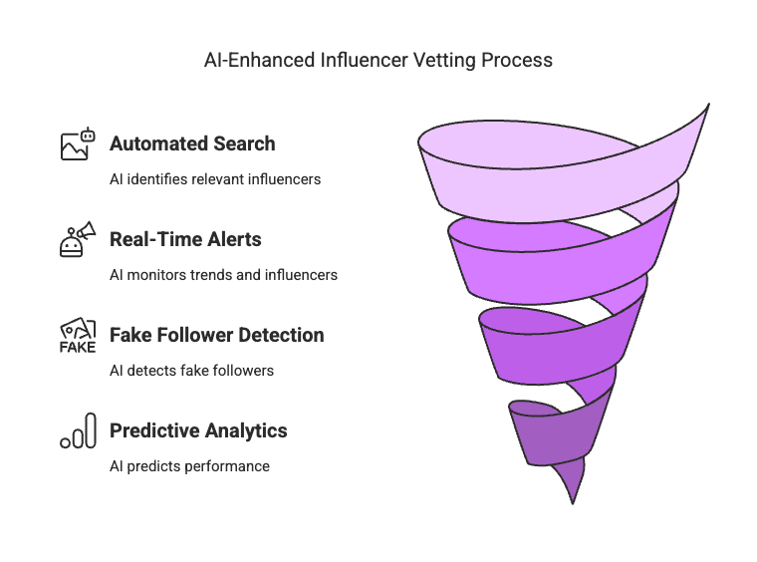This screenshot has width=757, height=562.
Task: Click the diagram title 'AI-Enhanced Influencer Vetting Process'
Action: point(378,60)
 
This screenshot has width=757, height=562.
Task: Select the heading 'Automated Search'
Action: point(192,143)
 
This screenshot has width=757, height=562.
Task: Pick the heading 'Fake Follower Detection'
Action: point(216,335)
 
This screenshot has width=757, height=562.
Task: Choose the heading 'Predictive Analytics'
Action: point(198,430)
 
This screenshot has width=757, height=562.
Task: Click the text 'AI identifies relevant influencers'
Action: point(215,179)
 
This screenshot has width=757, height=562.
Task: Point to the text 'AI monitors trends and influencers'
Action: point(223,275)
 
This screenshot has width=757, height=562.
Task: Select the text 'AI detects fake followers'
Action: point(191,371)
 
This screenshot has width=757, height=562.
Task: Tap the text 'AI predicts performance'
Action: point(189,466)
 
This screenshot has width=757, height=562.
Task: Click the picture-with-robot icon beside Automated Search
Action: point(78,144)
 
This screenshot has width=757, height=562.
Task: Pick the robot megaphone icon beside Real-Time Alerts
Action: point(78,240)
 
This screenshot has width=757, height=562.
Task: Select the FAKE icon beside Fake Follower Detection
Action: point(78,336)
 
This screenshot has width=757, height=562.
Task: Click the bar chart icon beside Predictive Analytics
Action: point(78,430)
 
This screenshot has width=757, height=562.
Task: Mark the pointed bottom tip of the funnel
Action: point(573,498)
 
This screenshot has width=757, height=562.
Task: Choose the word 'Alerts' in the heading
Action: point(234,239)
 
